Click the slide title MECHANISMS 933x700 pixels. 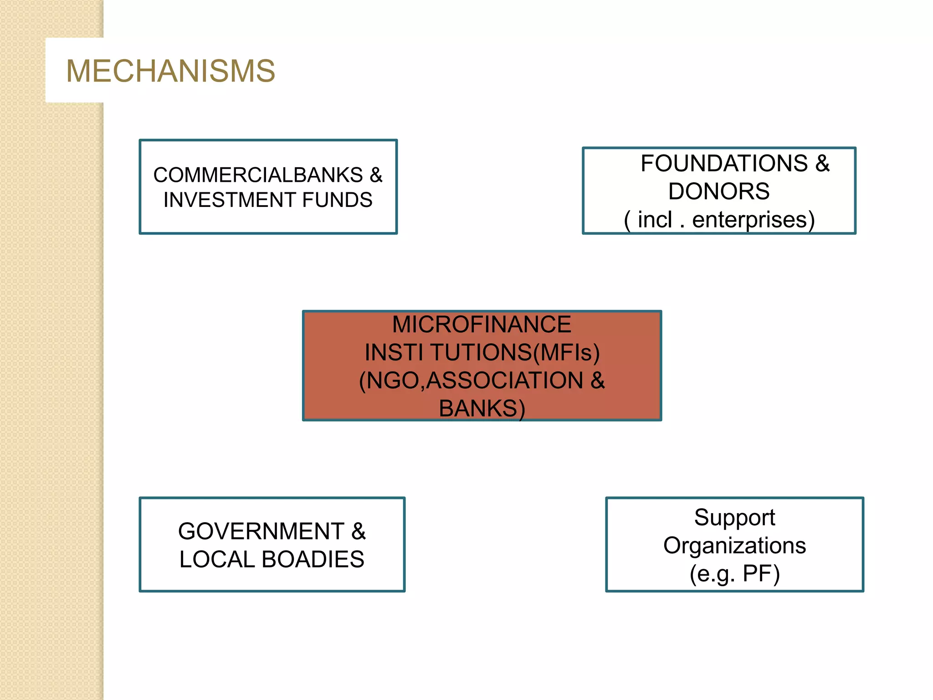(x=170, y=71)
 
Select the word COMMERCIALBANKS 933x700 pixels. (x=258, y=175)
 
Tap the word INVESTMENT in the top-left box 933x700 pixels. (x=230, y=200)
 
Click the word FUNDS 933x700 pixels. (x=337, y=200)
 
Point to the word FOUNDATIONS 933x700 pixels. (x=724, y=164)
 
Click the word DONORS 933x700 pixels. (x=719, y=191)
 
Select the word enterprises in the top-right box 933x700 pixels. (x=753, y=220)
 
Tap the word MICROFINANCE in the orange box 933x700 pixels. (x=482, y=324)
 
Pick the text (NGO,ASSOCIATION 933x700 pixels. (x=471, y=381)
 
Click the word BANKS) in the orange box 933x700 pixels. (x=482, y=408)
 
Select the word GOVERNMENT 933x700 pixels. (x=261, y=531)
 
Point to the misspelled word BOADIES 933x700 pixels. (x=313, y=559)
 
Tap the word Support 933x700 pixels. (x=734, y=518)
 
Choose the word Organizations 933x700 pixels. (x=734, y=546)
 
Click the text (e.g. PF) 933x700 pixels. (x=734, y=573)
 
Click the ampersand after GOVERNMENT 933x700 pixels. (x=359, y=531)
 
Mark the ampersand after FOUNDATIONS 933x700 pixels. (x=822, y=164)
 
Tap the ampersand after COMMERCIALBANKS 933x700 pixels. (x=376, y=175)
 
